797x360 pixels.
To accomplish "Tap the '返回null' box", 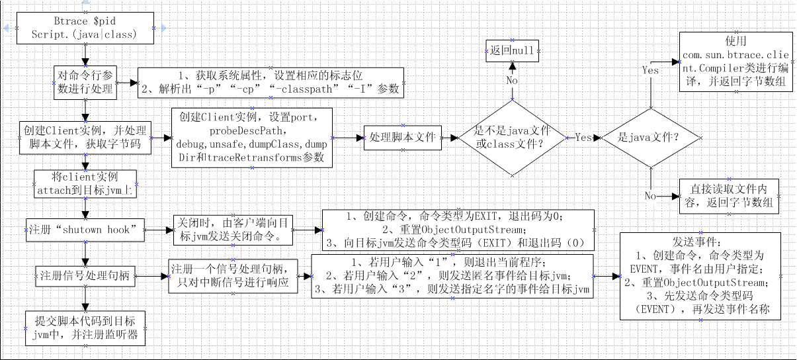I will [512, 50].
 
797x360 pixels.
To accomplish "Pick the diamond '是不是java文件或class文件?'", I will [510, 137].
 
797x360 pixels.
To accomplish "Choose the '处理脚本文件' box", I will [403, 138].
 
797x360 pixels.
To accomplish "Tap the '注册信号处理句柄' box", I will [85, 273].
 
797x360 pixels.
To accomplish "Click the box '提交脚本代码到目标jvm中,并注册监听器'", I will [85, 327].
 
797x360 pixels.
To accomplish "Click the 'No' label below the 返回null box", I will [512, 79].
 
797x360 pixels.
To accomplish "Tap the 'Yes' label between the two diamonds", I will [582, 138].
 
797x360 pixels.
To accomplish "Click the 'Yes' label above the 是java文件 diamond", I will [650, 69].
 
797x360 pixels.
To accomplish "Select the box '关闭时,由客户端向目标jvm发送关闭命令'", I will [232, 229].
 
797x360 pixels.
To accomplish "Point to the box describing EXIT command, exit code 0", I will [457, 229].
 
